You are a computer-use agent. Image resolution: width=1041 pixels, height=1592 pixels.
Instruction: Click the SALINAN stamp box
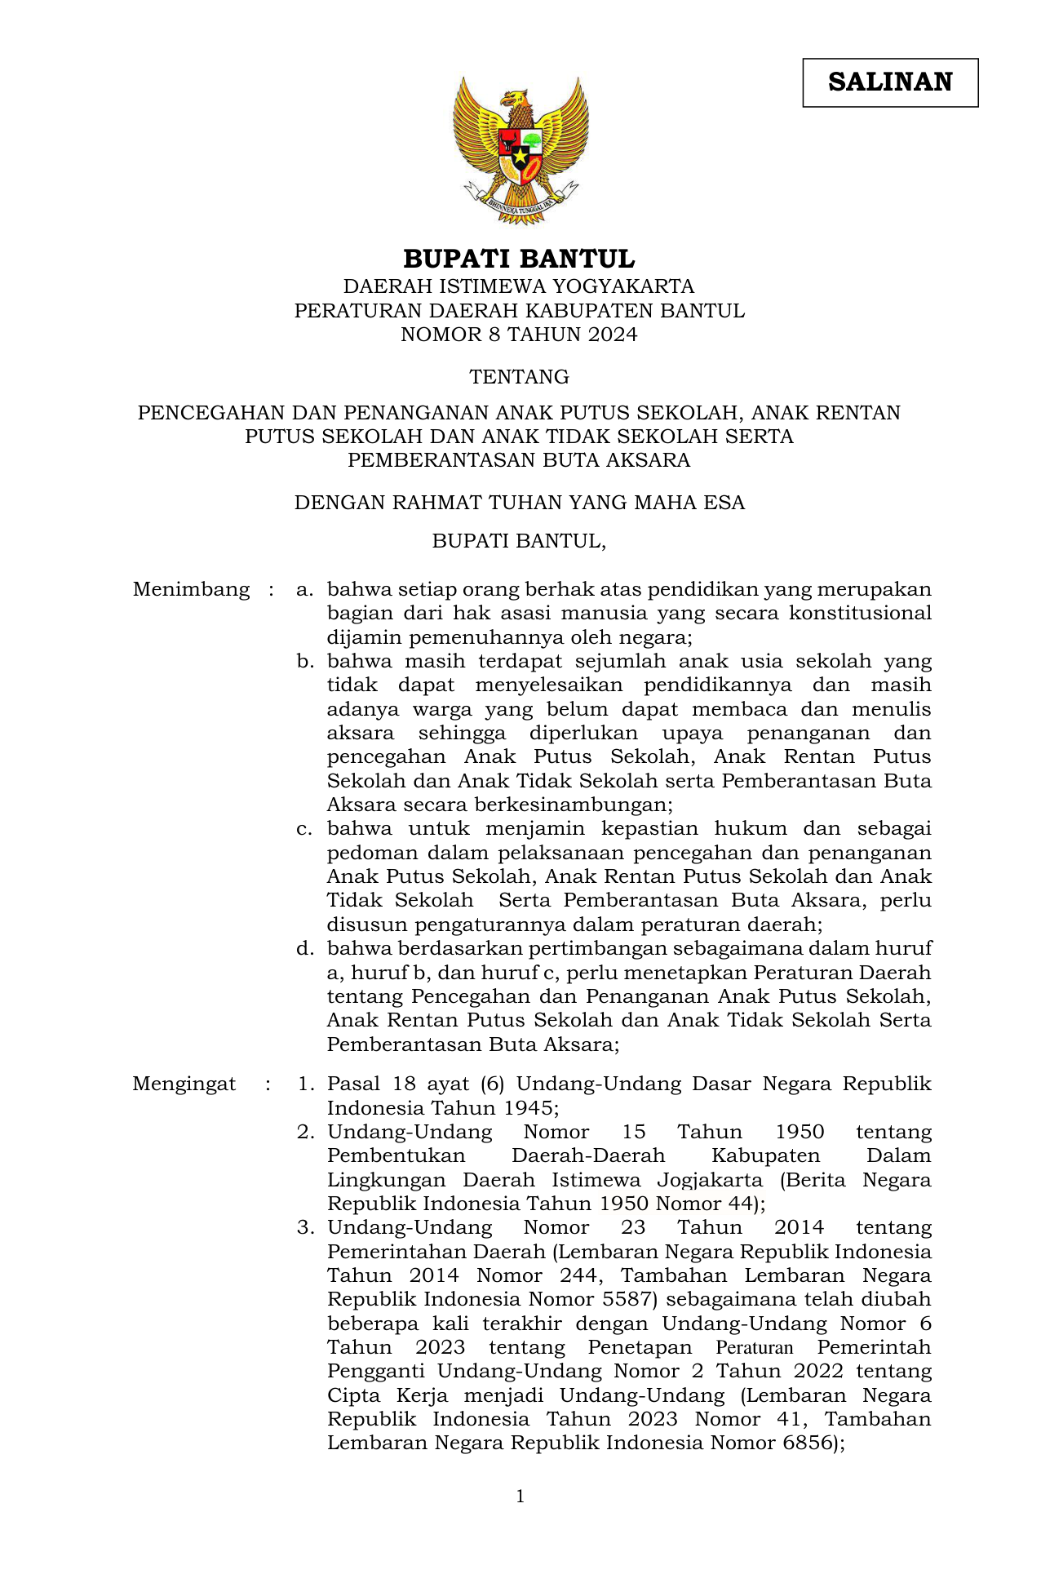[x=890, y=82]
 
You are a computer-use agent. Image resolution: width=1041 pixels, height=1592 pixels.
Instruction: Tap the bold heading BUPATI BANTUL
[x=519, y=259]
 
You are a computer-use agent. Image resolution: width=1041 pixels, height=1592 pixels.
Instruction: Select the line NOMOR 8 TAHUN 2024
[x=519, y=335]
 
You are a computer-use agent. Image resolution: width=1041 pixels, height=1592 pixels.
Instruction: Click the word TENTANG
[x=519, y=377]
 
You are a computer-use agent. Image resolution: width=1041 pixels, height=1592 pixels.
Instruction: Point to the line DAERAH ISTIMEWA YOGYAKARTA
[x=519, y=286]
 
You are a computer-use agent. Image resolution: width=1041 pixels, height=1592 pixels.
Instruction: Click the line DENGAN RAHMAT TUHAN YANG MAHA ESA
[x=519, y=503]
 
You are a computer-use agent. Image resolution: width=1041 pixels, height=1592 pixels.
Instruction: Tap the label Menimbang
[x=191, y=590]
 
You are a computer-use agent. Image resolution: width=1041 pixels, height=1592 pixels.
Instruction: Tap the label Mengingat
[x=184, y=1084]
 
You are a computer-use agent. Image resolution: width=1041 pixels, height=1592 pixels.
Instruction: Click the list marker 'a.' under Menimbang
[x=304, y=590]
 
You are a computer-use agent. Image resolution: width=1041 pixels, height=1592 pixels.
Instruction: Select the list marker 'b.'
[x=305, y=662]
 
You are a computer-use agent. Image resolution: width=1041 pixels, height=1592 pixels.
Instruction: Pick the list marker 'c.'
[x=304, y=829]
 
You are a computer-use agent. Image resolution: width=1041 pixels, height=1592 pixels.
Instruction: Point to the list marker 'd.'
[x=305, y=949]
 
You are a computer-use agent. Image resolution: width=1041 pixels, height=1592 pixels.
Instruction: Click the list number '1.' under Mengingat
[x=306, y=1084]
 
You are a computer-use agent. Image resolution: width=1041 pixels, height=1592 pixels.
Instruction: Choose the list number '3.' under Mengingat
[x=306, y=1228]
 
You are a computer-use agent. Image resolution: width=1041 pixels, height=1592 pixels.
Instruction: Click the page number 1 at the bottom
[x=520, y=1497]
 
